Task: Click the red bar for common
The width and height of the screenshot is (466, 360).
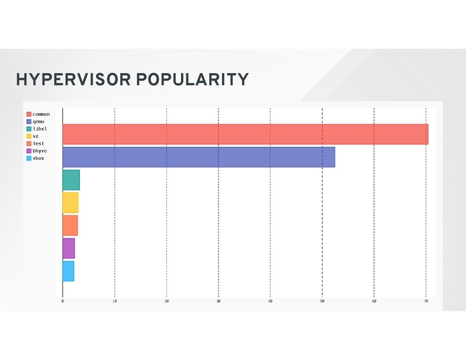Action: point(245,134)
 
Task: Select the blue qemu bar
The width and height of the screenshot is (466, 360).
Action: point(198,157)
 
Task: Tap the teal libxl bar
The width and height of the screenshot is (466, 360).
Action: point(71,180)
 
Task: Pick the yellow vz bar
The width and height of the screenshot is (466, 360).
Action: point(70,202)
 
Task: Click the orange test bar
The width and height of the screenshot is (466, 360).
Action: point(70,225)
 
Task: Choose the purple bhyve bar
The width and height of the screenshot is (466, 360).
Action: point(68,248)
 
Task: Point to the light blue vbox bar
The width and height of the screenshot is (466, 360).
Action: point(68,271)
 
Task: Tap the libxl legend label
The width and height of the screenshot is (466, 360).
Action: point(40,129)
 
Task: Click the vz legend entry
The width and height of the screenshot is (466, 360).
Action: point(36,136)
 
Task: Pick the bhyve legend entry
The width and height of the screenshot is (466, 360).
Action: point(40,151)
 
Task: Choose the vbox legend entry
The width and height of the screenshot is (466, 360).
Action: point(38,158)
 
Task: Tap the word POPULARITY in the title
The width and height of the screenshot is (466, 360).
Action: point(192,80)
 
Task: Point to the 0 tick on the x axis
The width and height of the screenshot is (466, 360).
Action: point(62,301)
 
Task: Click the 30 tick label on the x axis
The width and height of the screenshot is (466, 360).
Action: point(219,301)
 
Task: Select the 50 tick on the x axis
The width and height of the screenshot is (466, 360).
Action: point(323,301)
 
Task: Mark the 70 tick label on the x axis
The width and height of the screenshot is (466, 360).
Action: point(426,301)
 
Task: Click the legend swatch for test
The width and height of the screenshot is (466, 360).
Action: point(29,143)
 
